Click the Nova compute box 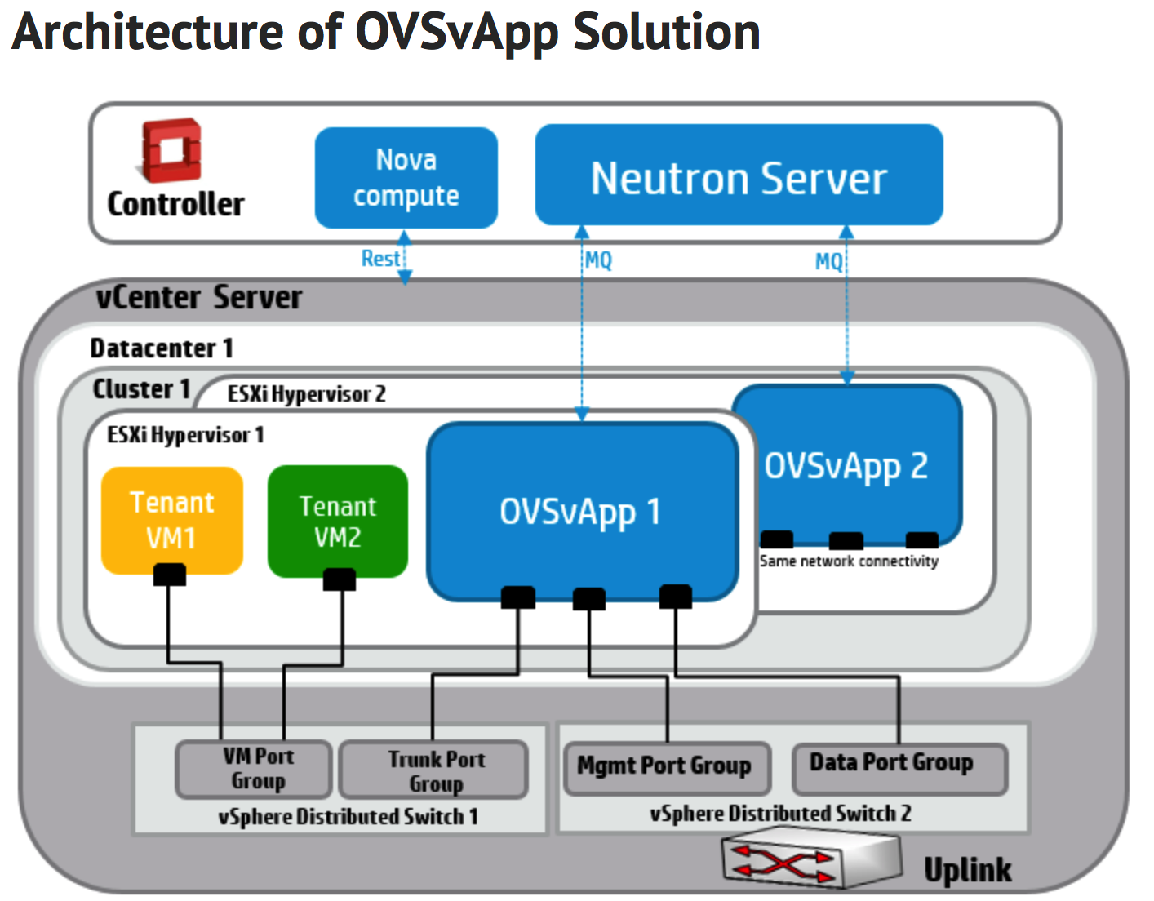[406, 178]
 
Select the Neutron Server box [739, 175]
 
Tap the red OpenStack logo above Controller [171, 150]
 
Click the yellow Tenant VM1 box [171, 519]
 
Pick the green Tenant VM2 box [337, 521]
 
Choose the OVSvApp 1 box [581, 512]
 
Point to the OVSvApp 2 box [846, 465]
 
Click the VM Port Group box [254, 768]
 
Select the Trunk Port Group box [433, 770]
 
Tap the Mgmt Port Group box [666, 767]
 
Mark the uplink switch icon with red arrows [810, 860]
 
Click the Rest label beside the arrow [379, 259]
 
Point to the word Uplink [967, 870]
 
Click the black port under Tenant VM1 [169, 575]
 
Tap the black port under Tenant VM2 [339, 579]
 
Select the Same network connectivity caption [849, 561]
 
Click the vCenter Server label [198, 297]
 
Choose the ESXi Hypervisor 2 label [306, 394]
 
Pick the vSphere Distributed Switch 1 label [347, 817]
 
